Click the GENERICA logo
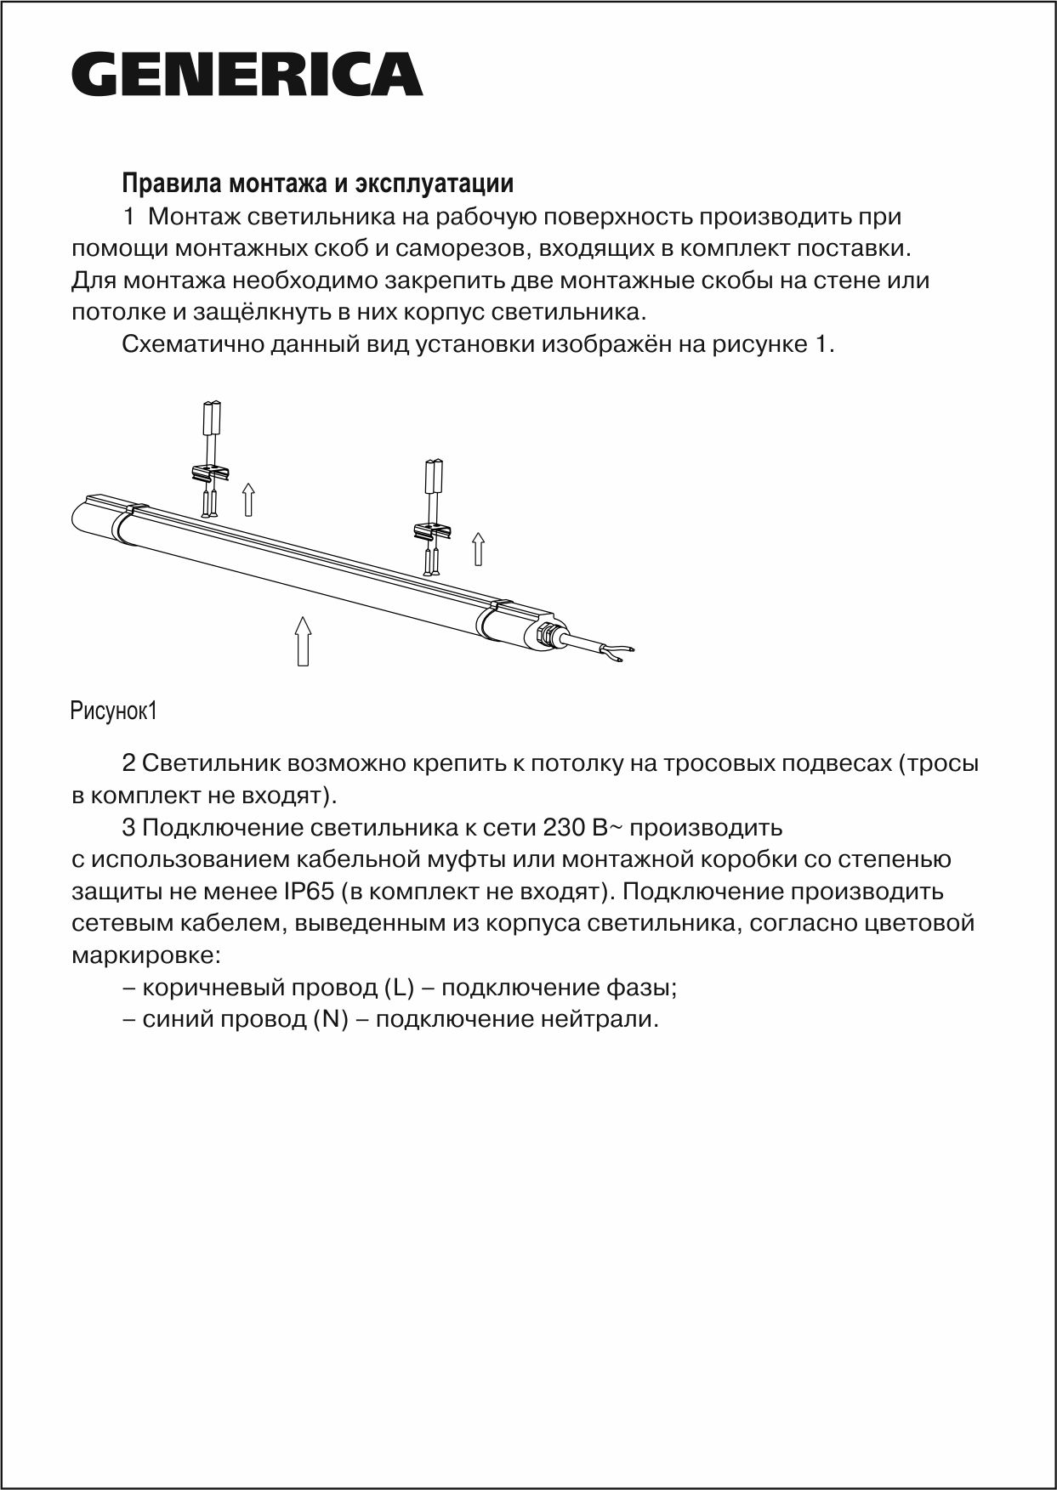247,75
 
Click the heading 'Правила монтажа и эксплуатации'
318,184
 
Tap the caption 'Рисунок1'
114,711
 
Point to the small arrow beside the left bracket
248,499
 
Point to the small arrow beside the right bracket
478,548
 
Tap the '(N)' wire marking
331,1019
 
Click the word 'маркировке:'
145,955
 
